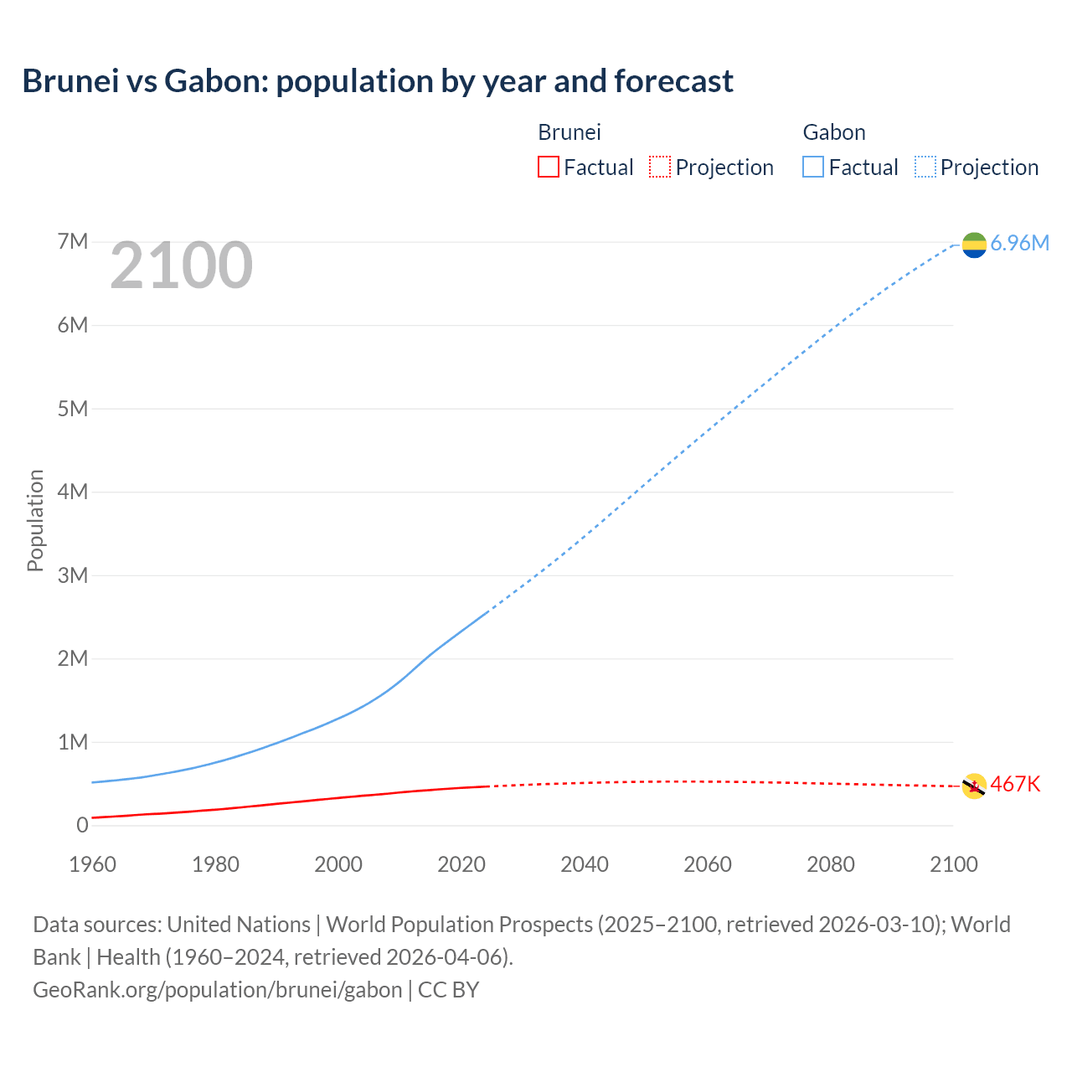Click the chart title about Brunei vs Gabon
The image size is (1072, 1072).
[x=378, y=81]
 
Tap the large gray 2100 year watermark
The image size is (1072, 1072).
[x=181, y=265]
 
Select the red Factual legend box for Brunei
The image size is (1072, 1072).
[x=548, y=167]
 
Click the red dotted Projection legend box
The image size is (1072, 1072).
[x=660, y=167]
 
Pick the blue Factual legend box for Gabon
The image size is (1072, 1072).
[x=813, y=167]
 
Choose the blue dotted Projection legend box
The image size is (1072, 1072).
[x=925, y=167]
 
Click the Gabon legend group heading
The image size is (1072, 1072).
[x=834, y=132]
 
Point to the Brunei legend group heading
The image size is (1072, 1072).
[x=569, y=132]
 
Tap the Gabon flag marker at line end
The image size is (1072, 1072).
[x=974, y=245]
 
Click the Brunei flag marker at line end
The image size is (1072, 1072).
[x=974, y=786]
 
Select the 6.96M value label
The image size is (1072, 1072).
[x=1019, y=243]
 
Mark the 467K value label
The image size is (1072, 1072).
[x=1015, y=784]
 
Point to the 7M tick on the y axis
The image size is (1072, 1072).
[x=73, y=242]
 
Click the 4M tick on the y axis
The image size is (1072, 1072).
[x=73, y=492]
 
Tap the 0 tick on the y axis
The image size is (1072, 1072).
[x=82, y=825]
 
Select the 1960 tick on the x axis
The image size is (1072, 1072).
[x=93, y=864]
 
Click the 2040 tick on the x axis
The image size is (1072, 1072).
[x=585, y=864]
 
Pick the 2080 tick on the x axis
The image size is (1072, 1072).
[x=831, y=864]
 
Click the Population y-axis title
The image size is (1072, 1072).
[x=35, y=520]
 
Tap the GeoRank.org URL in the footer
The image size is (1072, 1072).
[x=218, y=989]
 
